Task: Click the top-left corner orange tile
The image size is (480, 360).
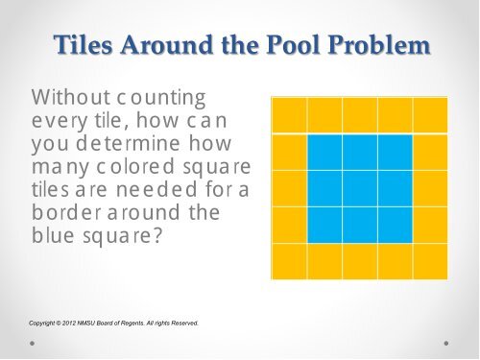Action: [x=288, y=115]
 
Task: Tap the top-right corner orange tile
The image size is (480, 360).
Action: [x=431, y=115]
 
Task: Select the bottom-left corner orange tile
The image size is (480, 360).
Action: [x=288, y=260]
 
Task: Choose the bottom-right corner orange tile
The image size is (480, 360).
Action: [x=431, y=260]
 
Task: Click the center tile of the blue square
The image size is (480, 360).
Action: [x=360, y=188]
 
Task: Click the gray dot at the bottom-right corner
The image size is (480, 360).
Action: [x=446, y=341]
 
